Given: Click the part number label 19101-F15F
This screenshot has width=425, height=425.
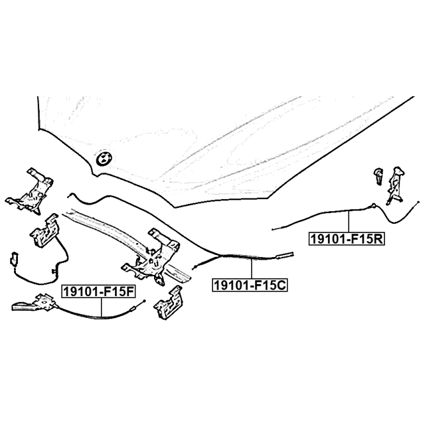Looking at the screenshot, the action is tap(98, 292).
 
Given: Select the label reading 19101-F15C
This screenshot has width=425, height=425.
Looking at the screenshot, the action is tap(250, 285).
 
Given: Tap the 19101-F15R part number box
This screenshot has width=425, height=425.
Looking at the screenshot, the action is tap(347, 239).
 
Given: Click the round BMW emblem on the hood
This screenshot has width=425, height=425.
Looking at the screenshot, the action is tap(104, 157).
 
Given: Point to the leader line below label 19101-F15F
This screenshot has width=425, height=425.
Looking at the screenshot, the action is tap(102, 307).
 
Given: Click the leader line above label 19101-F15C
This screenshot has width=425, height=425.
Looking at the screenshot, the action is tap(252, 268).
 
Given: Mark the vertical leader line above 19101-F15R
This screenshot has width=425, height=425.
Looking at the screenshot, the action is tap(349, 221).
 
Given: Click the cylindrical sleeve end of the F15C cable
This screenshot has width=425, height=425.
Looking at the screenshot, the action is tap(284, 255).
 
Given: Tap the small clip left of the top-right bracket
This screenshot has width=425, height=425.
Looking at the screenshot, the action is tap(379, 176).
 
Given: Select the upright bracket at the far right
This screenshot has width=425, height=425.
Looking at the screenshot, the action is tap(396, 186).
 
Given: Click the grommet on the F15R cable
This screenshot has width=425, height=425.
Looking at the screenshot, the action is tap(373, 205).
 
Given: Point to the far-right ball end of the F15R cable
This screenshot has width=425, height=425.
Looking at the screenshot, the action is tap(418, 202).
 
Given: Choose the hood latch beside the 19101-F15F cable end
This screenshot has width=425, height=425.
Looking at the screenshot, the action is tap(169, 302).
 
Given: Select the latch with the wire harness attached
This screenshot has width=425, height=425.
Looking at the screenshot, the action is tap(45, 230).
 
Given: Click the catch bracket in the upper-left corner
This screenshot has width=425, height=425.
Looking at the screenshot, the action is tap(30, 191).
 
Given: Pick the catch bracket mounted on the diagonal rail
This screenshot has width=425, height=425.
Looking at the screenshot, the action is tap(151, 256).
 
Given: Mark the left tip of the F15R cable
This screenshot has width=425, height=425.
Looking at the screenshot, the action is tap(272, 230).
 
